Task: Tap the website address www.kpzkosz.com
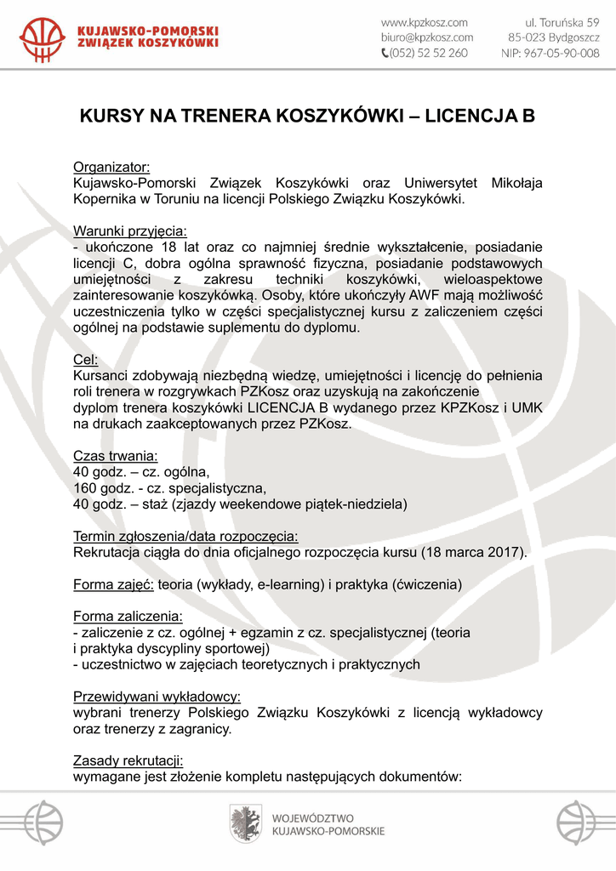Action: click(x=425, y=22)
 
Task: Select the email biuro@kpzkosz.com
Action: click(x=426, y=37)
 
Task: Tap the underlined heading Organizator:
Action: click(x=111, y=167)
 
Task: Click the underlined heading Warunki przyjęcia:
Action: click(x=130, y=231)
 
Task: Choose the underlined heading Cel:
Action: click(x=86, y=359)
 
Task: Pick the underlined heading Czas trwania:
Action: click(x=115, y=455)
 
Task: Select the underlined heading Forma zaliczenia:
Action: click(x=128, y=616)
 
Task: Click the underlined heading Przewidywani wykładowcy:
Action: click(x=157, y=696)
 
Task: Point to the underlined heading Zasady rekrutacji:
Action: click(x=128, y=760)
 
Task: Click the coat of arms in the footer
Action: click(x=245, y=823)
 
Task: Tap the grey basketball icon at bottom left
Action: click(x=42, y=823)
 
